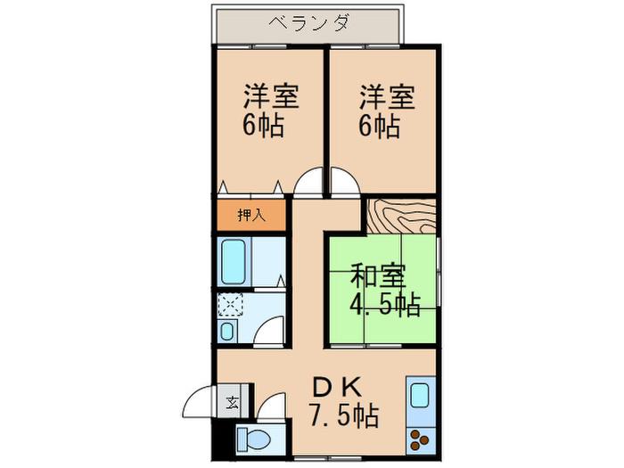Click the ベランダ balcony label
309,22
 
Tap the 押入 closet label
251,216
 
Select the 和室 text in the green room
378,275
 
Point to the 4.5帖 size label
385,305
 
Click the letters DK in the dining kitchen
338,386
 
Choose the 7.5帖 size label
345,415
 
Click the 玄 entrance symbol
232,404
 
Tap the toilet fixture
253,439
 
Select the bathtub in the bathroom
234,261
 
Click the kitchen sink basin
420,395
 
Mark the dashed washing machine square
230,305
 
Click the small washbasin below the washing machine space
227,331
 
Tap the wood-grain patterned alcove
401,216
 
